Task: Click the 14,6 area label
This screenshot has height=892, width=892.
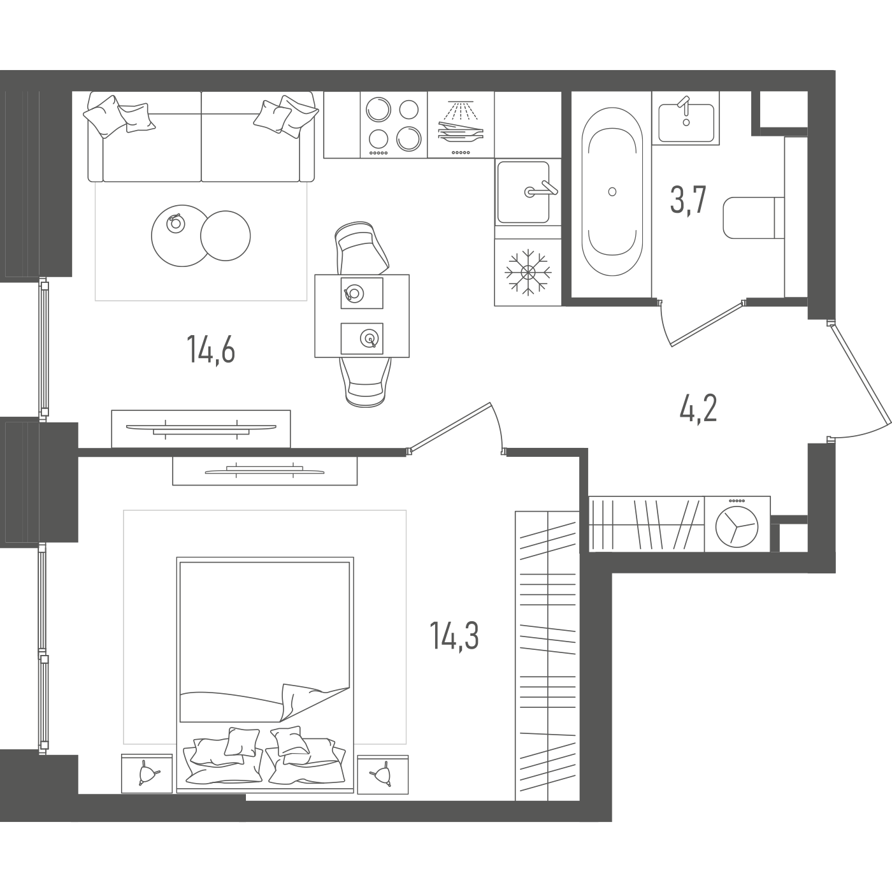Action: point(211,349)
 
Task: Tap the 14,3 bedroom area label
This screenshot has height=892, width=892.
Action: point(454,635)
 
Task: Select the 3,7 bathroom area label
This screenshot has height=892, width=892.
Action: point(688,200)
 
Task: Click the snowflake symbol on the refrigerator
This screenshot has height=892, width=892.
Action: point(528,271)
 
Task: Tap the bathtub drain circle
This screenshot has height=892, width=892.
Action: point(612,192)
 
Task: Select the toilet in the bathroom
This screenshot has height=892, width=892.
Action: point(754,217)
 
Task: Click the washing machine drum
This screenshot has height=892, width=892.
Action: point(737,526)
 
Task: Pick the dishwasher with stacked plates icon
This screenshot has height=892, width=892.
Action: point(461,125)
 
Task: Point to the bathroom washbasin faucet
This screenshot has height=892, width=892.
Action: point(684,110)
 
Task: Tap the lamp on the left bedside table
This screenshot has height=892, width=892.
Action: point(148,772)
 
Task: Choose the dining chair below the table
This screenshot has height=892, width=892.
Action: point(366,382)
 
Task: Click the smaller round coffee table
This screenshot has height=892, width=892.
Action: point(226,236)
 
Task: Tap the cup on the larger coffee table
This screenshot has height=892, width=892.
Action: point(175,224)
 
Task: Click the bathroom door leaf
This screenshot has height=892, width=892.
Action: point(707,324)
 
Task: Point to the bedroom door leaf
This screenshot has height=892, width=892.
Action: point(449,428)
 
